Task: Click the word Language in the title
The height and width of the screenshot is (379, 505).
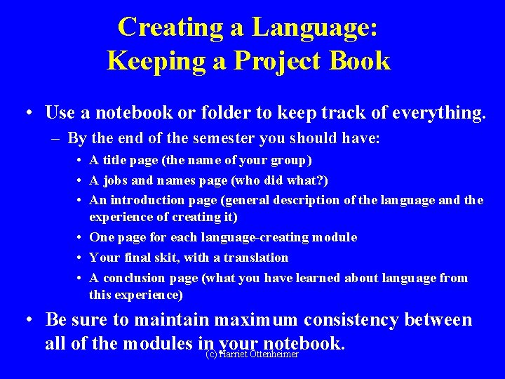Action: (315, 27)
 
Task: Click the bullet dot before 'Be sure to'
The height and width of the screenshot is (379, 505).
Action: (28, 320)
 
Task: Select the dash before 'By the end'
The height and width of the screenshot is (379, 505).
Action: (55, 138)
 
